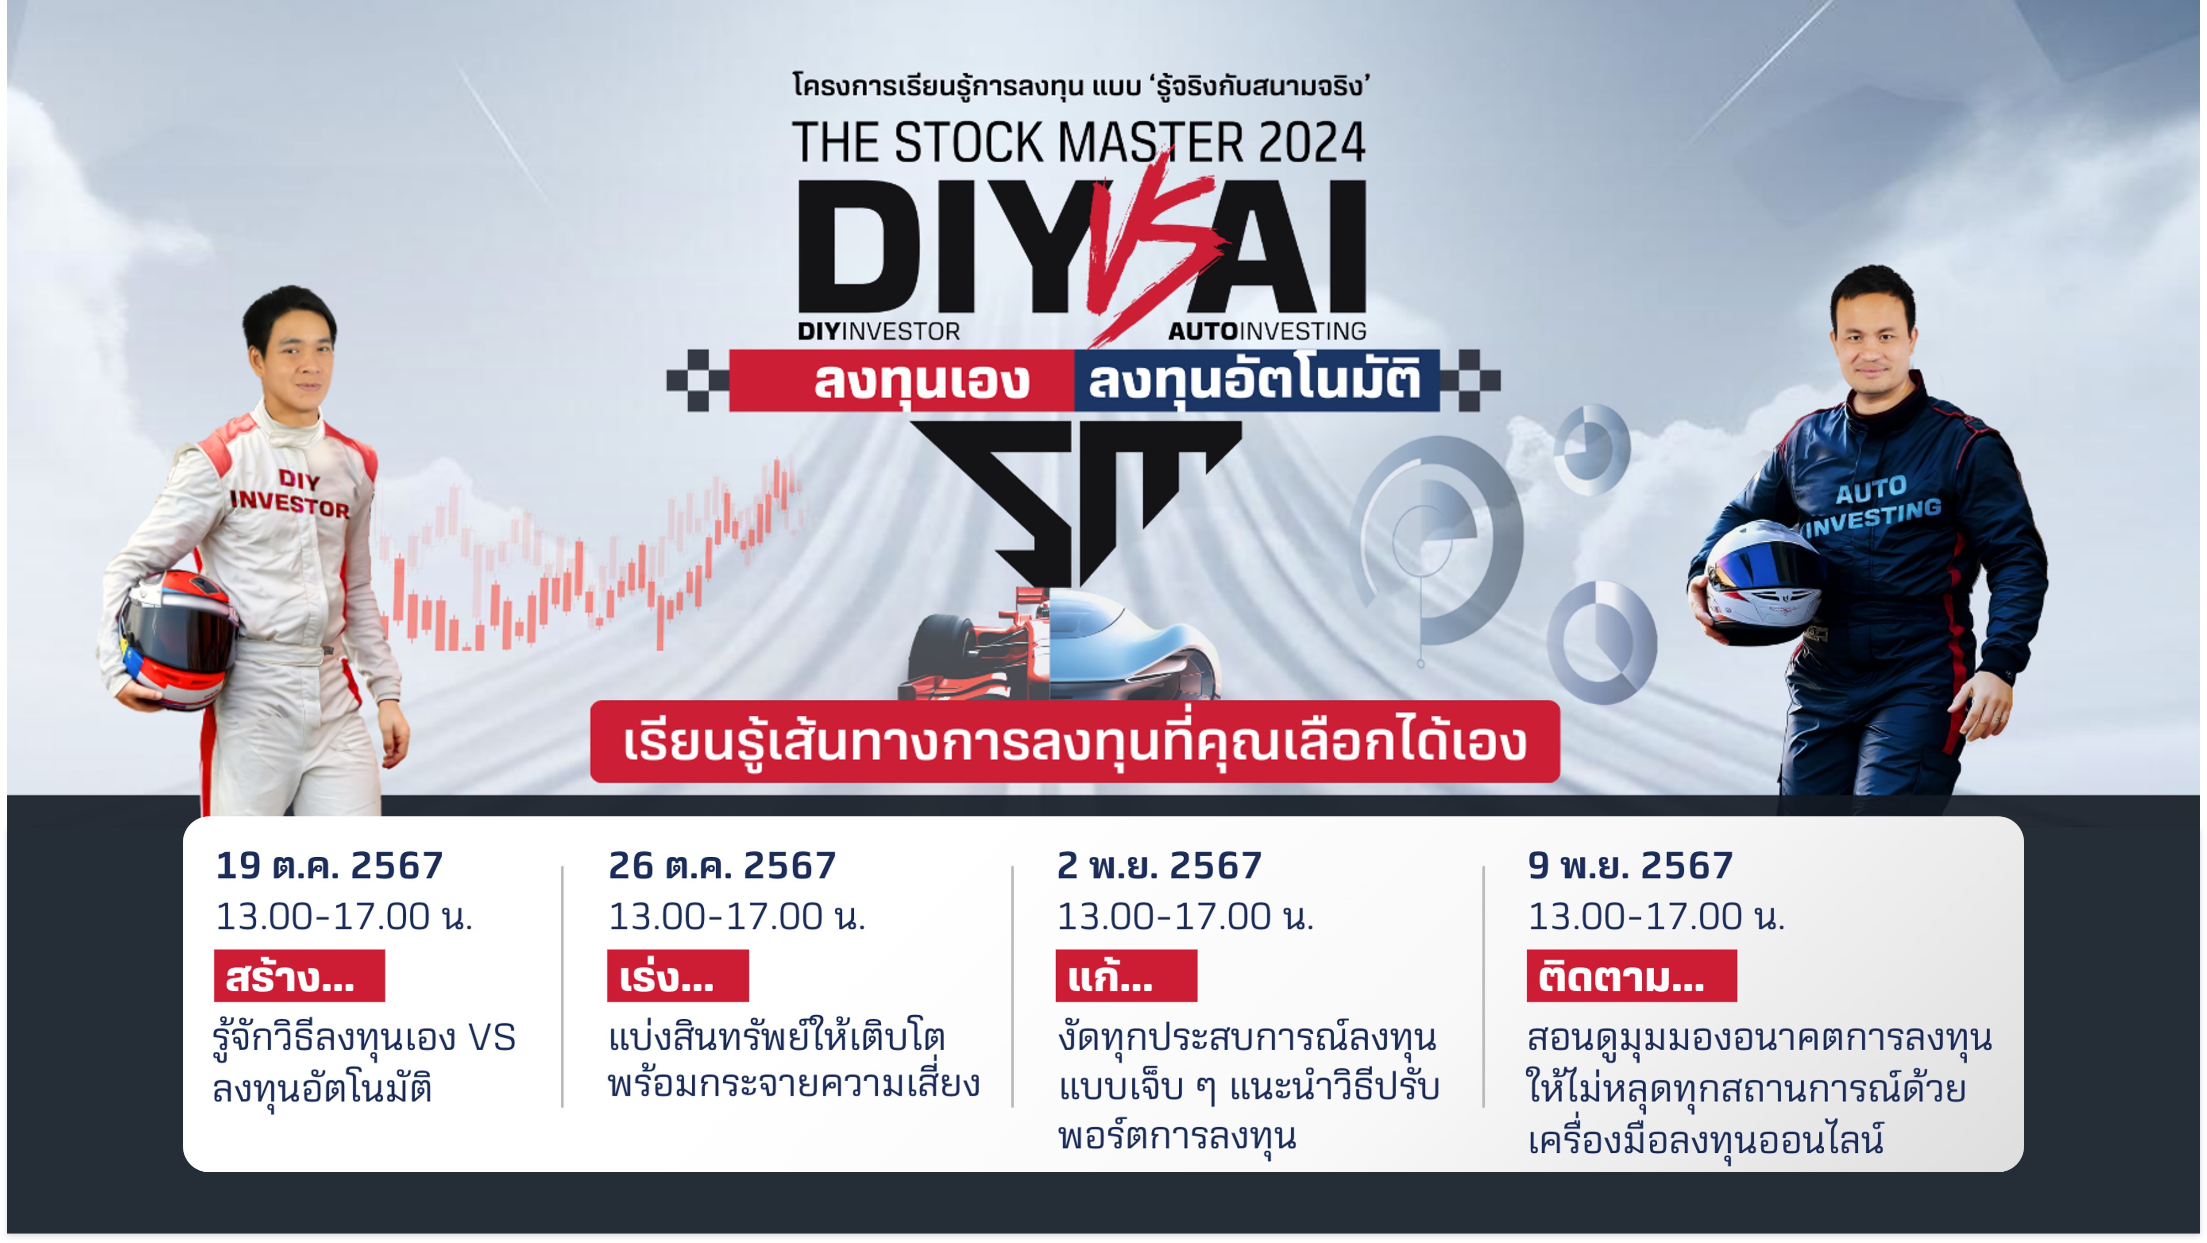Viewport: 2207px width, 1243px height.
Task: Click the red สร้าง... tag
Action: (x=299, y=976)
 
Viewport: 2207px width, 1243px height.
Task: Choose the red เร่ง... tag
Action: (x=678, y=976)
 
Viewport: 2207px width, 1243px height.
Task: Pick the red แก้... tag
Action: (x=1126, y=976)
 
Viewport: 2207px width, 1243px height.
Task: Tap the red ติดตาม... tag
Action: (x=1631, y=976)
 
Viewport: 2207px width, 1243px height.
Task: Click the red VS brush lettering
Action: (x=1152, y=248)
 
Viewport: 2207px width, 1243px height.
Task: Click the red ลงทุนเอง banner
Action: (x=901, y=380)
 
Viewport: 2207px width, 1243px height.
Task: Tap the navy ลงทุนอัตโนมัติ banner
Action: (x=1256, y=380)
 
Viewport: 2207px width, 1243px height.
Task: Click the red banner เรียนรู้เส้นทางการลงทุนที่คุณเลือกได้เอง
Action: (x=1075, y=741)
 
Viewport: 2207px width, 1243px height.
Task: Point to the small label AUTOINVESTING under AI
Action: (x=1266, y=331)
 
